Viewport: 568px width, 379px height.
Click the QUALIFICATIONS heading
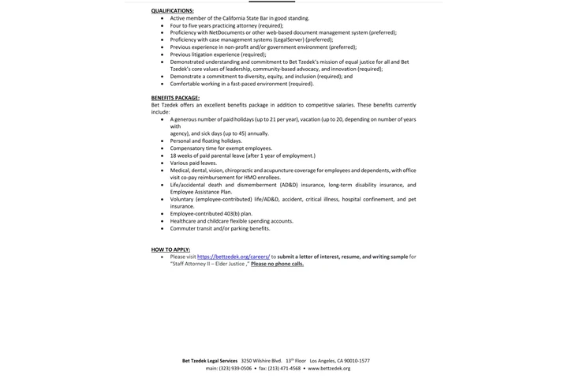point(172,11)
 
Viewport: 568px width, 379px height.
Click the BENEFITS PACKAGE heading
point(175,98)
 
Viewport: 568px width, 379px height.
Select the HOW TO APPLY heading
point(170,250)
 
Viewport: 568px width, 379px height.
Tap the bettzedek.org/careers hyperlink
point(234,257)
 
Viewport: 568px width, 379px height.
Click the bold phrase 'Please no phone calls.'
point(277,264)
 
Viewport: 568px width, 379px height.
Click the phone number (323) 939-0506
point(236,368)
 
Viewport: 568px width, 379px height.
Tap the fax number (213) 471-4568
point(285,368)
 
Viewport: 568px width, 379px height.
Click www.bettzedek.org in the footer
point(329,368)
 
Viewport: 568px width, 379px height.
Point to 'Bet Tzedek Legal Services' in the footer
point(210,361)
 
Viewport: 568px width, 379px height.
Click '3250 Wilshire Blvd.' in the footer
point(261,361)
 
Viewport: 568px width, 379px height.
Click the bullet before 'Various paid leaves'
point(163,163)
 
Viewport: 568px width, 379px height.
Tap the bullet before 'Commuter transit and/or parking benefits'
point(163,229)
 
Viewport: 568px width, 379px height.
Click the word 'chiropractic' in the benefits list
point(238,171)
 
